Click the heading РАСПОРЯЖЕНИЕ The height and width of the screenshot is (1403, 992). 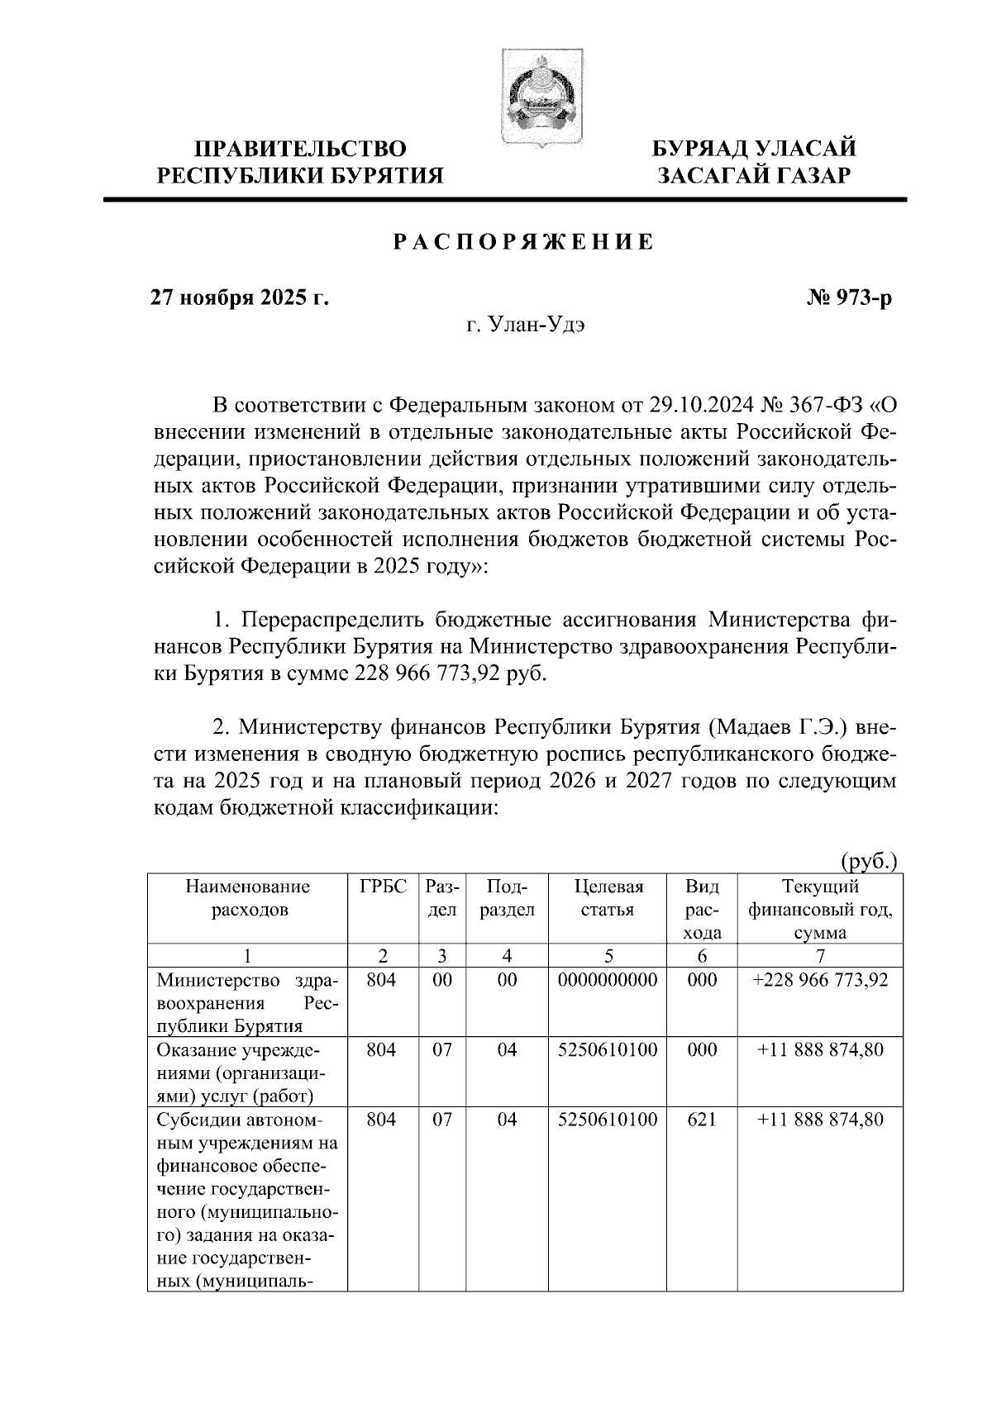(522, 242)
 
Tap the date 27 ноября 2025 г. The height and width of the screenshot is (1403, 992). (239, 297)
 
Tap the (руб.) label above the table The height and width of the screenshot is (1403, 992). (869, 862)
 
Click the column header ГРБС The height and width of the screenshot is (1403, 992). (383, 887)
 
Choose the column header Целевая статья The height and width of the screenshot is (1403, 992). (608, 899)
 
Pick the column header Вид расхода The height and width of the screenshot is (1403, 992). (702, 910)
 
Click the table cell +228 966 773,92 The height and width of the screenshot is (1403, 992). (820, 980)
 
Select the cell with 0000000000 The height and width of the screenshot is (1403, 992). (608, 980)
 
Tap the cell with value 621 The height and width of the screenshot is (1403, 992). (702, 1120)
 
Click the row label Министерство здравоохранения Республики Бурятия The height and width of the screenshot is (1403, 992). (246, 1003)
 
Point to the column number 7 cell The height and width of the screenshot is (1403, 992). (820, 956)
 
